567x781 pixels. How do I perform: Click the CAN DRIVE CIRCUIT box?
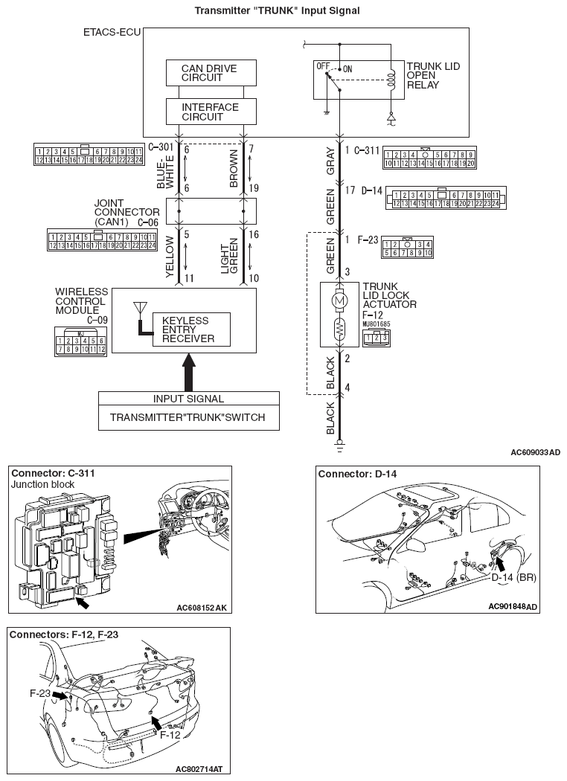coord(211,73)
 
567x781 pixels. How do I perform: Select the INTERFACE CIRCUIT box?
coord(211,112)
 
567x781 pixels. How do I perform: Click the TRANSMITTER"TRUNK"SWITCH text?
coord(187,417)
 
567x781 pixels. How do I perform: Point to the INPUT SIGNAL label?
coord(188,399)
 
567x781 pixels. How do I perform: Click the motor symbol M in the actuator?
coord(339,299)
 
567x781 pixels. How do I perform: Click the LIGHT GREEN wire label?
coord(229,257)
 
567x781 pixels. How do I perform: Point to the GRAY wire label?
coord(330,162)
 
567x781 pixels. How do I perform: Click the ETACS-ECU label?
coord(110,34)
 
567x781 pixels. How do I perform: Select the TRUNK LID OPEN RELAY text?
coord(433,76)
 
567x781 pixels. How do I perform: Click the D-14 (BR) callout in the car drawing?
coord(513,576)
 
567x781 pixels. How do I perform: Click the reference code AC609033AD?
coord(536,451)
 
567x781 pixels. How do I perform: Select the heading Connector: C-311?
coord(52,473)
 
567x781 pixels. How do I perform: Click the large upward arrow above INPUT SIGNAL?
coord(189,369)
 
